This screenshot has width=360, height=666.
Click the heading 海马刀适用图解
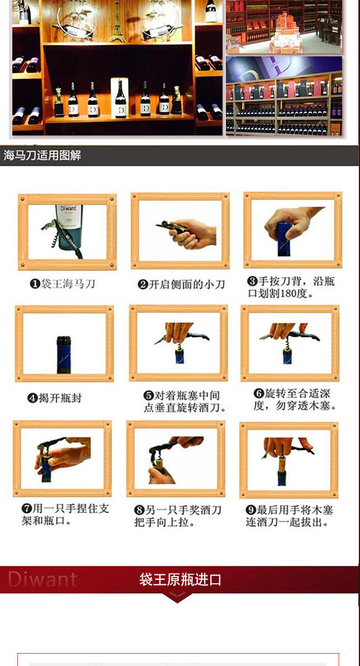pyautogui.click(x=42, y=155)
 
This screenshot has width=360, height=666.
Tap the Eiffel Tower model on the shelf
pyautogui.click(x=117, y=21)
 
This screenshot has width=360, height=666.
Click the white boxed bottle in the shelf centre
pyautogui.click(x=120, y=98)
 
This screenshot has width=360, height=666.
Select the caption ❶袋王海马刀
pyautogui.click(x=62, y=283)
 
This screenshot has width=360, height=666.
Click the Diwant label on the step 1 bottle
pyautogui.click(x=69, y=211)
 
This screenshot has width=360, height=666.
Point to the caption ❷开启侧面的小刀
pyautogui.click(x=181, y=284)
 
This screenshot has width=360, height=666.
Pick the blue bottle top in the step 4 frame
pyautogui.click(x=64, y=354)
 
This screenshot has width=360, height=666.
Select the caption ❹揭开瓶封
pyautogui.click(x=54, y=398)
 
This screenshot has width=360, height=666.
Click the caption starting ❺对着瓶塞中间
pyautogui.click(x=184, y=402)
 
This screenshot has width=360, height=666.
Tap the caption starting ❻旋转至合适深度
pyautogui.click(x=295, y=399)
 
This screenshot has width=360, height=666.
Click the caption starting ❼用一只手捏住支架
pyautogui.click(x=65, y=514)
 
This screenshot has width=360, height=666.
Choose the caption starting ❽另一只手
pyautogui.click(x=178, y=516)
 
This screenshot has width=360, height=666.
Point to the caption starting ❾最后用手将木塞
pyautogui.click(x=290, y=516)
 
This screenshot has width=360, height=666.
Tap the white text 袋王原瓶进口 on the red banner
pyautogui.click(x=180, y=579)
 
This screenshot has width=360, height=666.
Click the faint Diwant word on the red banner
pyautogui.click(x=42, y=579)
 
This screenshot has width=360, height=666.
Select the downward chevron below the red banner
pyautogui.click(x=177, y=597)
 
